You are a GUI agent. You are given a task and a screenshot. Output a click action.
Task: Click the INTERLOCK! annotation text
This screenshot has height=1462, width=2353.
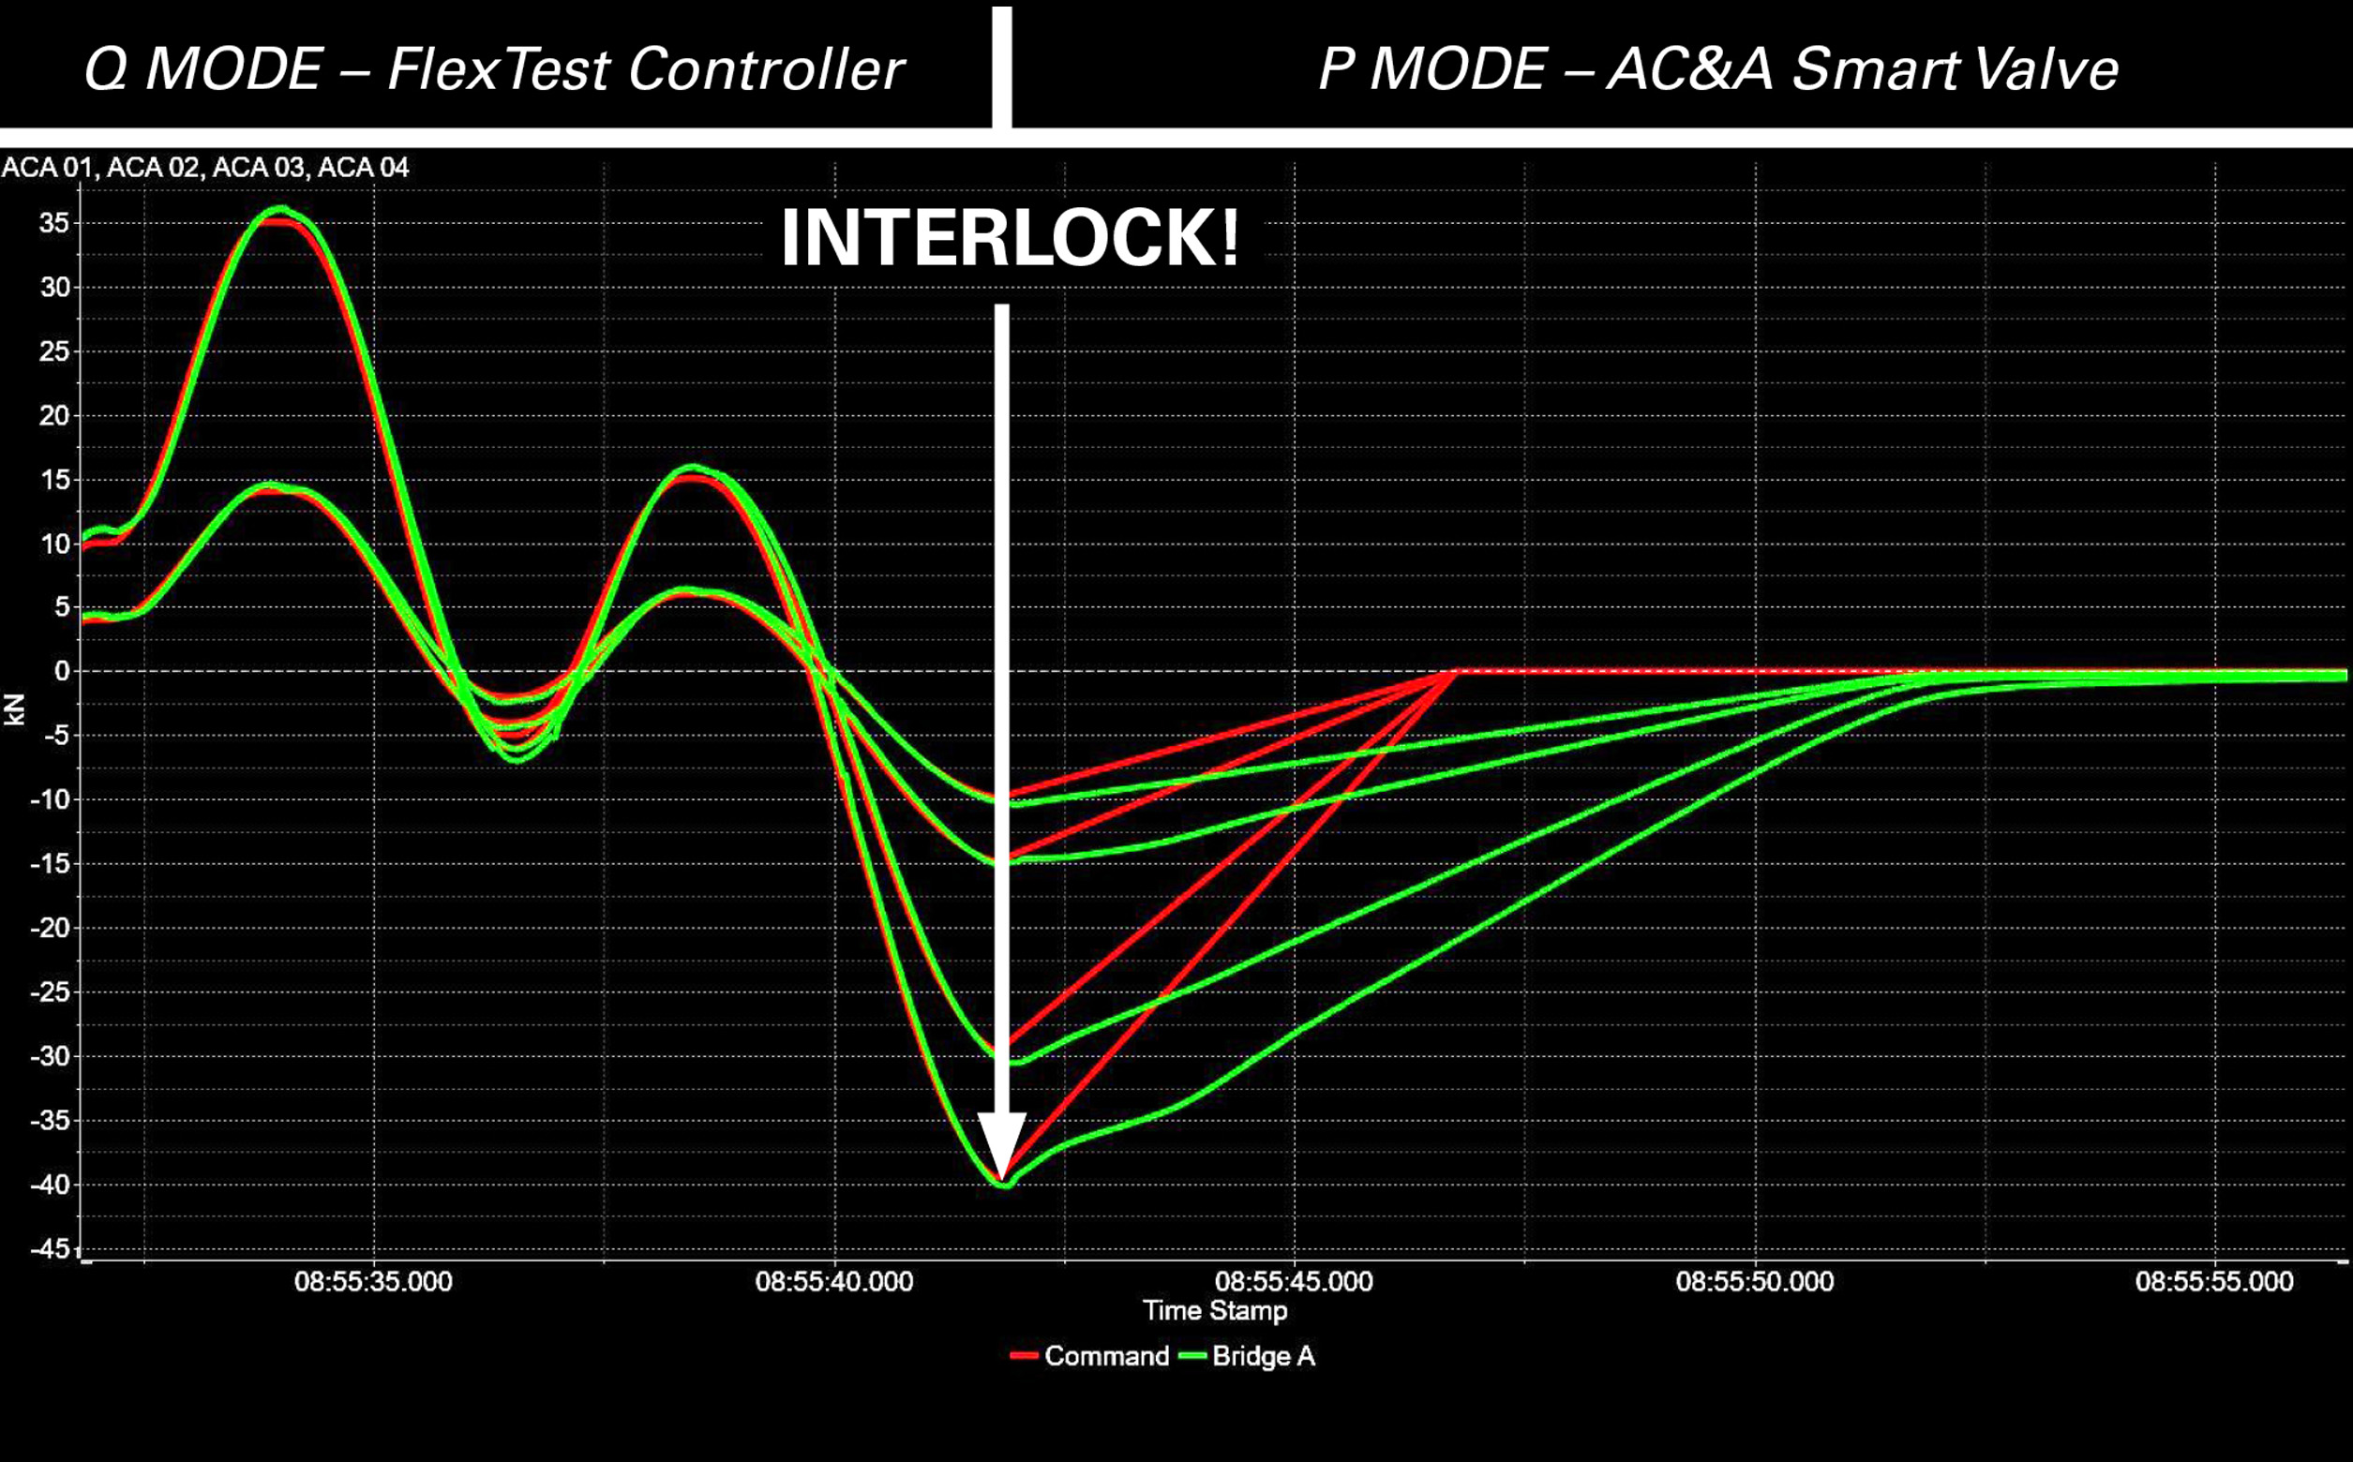tap(1009, 239)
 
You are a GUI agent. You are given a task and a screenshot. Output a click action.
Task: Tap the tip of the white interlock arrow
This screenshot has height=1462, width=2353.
tap(1002, 1179)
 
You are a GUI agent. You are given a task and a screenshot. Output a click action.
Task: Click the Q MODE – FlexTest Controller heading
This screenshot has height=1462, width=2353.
tap(493, 69)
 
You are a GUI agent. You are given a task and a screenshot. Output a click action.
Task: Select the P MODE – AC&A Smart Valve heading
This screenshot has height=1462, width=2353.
tap(1718, 69)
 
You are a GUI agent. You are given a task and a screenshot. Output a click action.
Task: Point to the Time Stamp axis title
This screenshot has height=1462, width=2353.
tap(1215, 1311)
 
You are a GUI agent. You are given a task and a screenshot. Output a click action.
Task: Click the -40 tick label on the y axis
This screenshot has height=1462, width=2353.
tap(50, 1186)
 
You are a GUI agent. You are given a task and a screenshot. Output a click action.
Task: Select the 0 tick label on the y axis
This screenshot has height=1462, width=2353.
tap(62, 671)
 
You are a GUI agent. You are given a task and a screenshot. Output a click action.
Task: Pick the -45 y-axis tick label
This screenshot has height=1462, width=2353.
tap(50, 1249)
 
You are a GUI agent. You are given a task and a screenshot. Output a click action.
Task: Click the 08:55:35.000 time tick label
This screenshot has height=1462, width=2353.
tap(373, 1282)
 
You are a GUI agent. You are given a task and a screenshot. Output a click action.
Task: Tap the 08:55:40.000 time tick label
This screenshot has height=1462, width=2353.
tap(833, 1282)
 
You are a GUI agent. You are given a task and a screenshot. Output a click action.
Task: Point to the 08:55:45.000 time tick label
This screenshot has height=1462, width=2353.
tap(1294, 1282)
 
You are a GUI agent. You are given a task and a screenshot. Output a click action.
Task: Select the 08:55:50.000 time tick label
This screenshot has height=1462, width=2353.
tap(1754, 1282)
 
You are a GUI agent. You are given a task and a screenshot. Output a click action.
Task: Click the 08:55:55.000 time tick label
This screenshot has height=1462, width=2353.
tap(2213, 1282)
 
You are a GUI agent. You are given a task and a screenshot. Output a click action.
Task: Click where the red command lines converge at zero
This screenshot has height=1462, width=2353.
tap(1454, 671)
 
